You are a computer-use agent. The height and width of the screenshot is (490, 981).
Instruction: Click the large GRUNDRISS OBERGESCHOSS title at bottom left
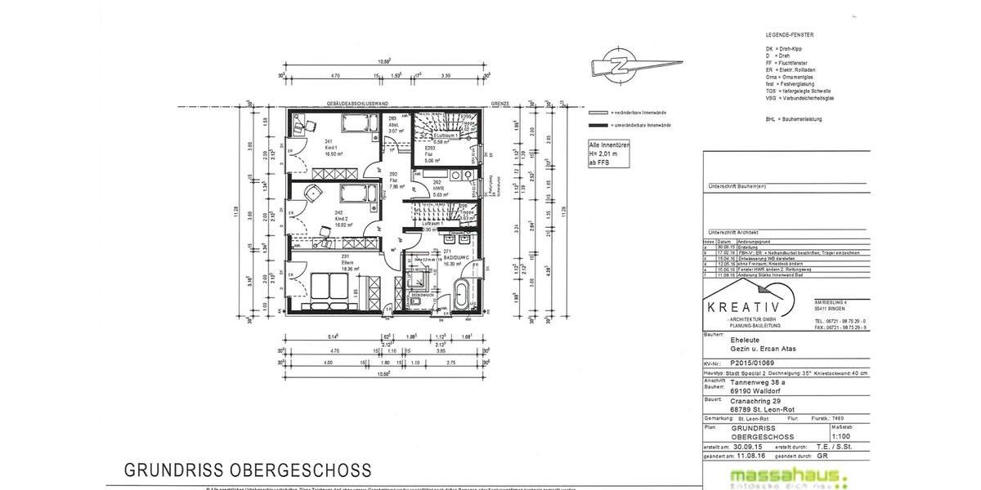[x=248, y=470]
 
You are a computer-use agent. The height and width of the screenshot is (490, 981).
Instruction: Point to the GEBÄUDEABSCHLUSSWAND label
[x=356, y=105]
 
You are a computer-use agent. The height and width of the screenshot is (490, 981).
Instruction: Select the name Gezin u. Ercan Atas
[x=763, y=348]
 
